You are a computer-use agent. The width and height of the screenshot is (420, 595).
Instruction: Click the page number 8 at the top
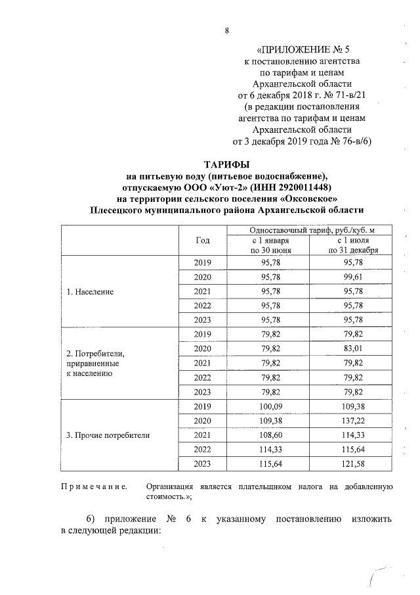click(226, 31)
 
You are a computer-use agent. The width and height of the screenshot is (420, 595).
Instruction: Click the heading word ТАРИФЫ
click(226, 164)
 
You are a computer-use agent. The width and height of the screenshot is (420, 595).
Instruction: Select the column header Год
click(203, 240)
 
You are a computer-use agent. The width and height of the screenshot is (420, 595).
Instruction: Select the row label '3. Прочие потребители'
click(108, 435)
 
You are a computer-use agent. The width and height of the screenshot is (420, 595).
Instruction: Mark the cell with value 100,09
click(270, 406)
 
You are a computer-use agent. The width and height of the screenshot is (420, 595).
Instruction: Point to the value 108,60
click(270, 435)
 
